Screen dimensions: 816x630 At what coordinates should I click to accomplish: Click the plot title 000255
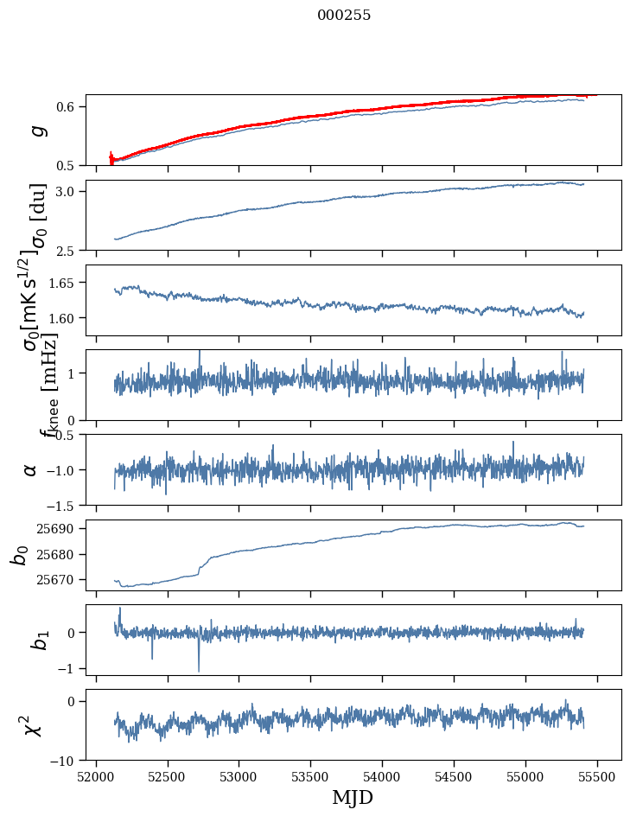[x=344, y=16]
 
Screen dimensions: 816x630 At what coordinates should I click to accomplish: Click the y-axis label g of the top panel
[x=35, y=131]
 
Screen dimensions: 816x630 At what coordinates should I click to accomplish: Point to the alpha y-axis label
[x=31, y=469]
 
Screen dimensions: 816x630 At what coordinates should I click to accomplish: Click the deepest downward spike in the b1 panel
[x=199, y=671]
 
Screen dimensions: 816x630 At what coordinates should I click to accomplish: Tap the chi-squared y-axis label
[x=33, y=725]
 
